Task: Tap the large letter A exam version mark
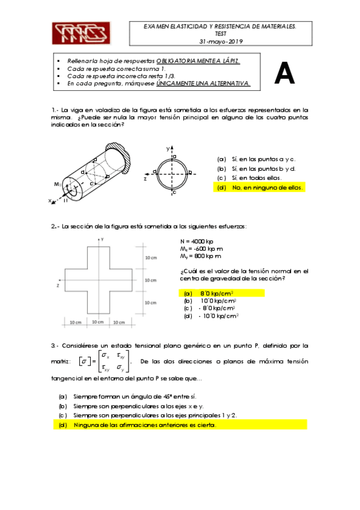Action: click(x=284, y=74)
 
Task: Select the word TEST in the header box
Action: click(x=219, y=34)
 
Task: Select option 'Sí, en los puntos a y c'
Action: click(x=257, y=159)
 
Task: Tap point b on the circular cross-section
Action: click(x=190, y=173)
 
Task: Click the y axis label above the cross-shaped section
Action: click(x=103, y=239)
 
